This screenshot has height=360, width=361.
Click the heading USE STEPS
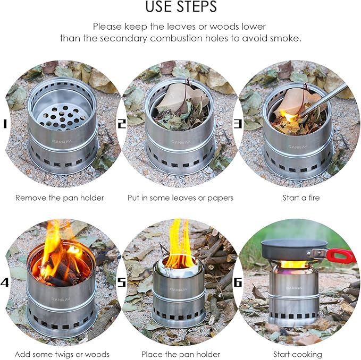pos(181,6)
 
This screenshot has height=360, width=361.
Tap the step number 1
pos(5,124)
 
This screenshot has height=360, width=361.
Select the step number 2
pos(122,124)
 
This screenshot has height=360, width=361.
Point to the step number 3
pos(238,124)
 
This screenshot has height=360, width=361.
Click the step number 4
pos(5,282)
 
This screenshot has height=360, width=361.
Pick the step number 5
pos(122,282)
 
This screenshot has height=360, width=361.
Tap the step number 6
pos(238,282)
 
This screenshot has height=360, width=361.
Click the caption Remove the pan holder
pos(60,198)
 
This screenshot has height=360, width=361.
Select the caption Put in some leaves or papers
pos(181,198)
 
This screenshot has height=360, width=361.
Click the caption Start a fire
pos(301,198)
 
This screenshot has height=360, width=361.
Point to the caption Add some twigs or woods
pos(62,354)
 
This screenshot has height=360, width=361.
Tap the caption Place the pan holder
pos(181,354)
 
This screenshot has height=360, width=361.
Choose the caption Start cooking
pos(298,354)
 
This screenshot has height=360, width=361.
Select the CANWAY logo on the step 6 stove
pos(294,288)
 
